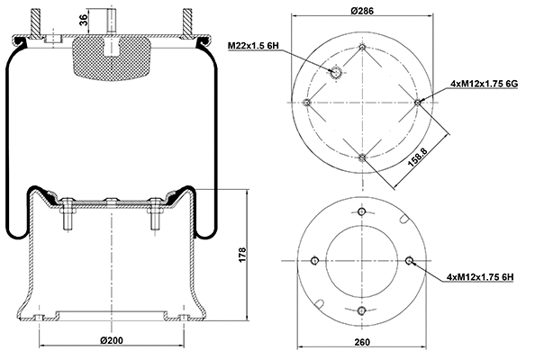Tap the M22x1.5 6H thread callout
tap(255, 44)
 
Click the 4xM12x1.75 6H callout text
tap(479, 275)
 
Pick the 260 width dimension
tap(361, 343)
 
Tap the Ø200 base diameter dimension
tap(111, 341)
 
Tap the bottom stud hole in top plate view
tap(362, 157)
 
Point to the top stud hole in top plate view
tap(362, 47)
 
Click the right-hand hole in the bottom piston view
tap(410, 261)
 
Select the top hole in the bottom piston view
tap(362, 212)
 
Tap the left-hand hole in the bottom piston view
tap(313, 261)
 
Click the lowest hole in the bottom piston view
tap(362, 310)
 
